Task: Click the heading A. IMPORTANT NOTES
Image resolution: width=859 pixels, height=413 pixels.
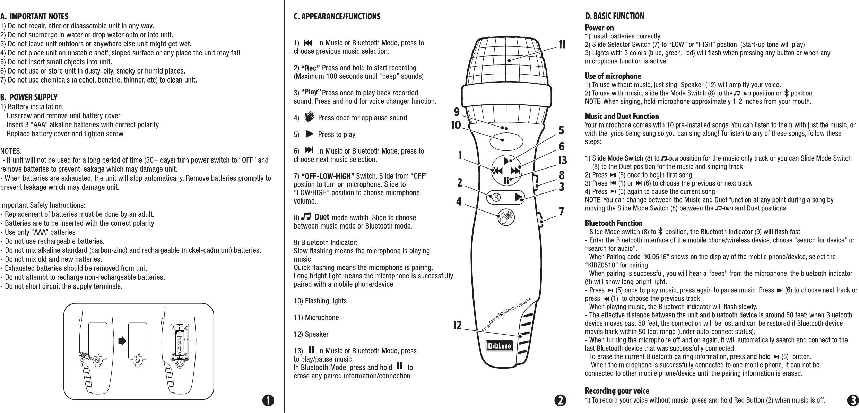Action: [34, 16]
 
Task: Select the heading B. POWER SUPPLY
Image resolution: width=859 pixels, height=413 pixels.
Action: [29, 97]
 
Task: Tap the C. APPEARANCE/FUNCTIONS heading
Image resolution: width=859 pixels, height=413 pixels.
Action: [337, 16]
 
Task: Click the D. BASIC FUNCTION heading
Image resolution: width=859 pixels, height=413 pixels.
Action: [615, 16]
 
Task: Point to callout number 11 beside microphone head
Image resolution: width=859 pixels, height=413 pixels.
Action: [562, 45]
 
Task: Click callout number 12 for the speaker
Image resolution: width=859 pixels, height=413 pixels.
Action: [458, 326]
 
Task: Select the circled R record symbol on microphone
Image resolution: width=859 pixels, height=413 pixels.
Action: [496, 197]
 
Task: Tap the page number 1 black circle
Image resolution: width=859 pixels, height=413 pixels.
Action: [268, 400]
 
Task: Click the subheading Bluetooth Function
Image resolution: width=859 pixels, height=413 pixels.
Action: [614, 223]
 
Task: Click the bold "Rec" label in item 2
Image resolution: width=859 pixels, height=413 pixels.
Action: [311, 67]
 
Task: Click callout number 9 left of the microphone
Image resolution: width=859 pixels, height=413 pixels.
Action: [457, 112]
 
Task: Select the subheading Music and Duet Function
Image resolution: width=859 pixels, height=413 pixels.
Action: [622, 116]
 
